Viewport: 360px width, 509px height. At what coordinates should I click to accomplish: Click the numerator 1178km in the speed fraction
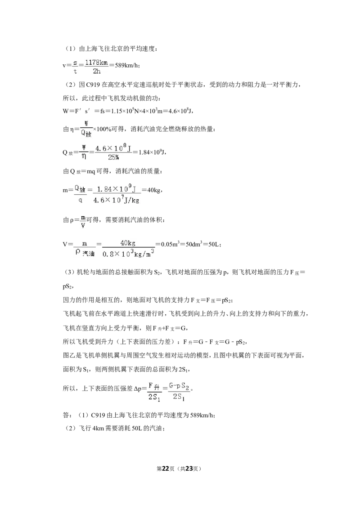[96, 63]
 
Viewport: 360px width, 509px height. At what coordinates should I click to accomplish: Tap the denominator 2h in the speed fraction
[96, 71]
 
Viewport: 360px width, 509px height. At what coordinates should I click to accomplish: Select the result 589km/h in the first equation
[127, 65]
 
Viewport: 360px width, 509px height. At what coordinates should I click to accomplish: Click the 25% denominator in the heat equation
[113, 157]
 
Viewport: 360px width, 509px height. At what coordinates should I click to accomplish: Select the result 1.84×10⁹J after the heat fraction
[152, 152]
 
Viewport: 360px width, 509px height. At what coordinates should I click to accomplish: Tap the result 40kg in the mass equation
[154, 190]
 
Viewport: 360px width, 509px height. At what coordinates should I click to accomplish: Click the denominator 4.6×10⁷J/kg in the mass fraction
[116, 200]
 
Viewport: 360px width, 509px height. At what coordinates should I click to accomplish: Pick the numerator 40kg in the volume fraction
[128, 243]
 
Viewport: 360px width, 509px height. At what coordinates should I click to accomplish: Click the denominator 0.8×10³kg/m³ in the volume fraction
[128, 254]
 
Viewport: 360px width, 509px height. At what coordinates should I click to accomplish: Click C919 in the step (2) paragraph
[93, 85]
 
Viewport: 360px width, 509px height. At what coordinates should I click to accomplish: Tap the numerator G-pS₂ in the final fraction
[180, 386]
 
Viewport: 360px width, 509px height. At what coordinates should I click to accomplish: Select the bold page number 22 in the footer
[166, 469]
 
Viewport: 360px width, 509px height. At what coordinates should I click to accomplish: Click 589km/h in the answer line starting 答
[202, 415]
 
